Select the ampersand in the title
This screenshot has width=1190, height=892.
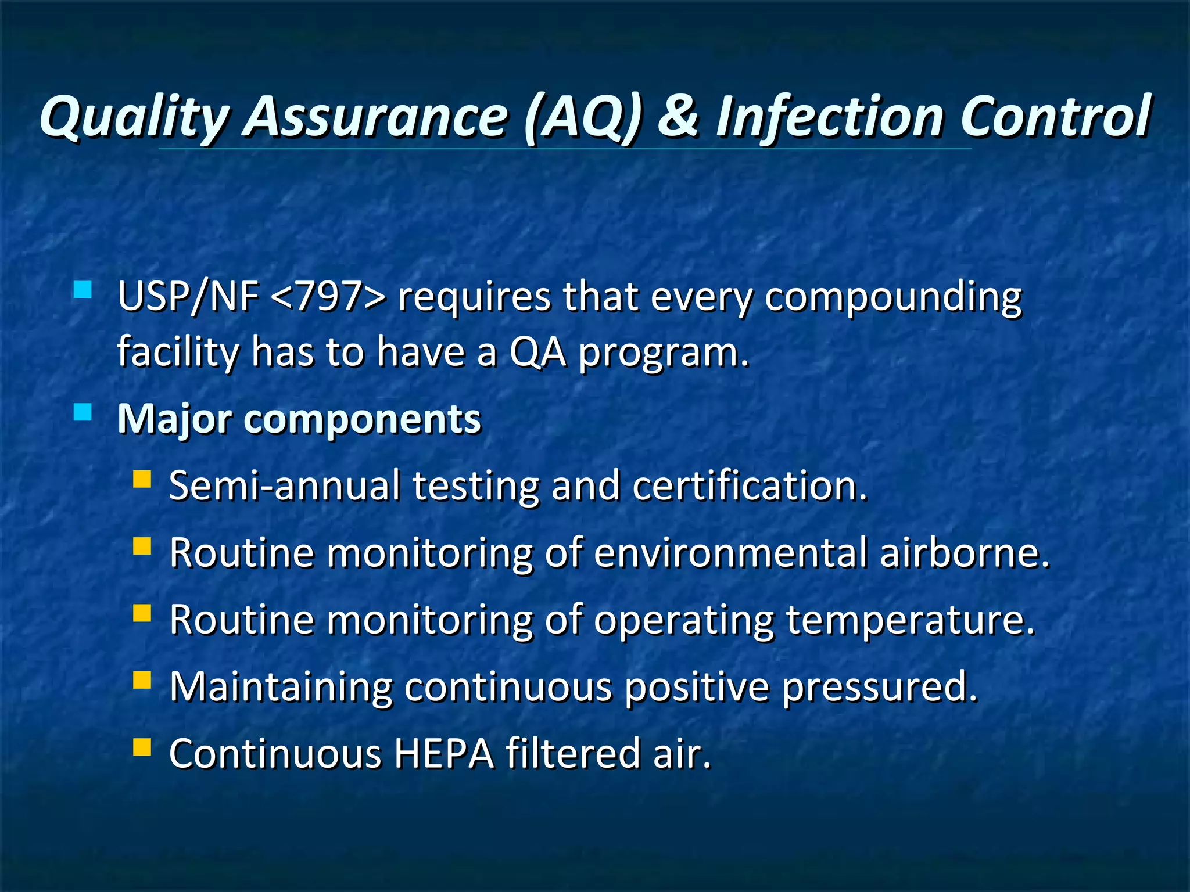point(679,116)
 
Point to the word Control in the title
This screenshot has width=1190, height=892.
point(1055,116)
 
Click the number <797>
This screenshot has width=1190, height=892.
point(328,297)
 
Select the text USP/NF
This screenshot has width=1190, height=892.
point(188,297)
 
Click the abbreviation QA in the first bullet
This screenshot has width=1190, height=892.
point(537,353)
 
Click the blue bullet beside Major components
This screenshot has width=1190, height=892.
point(83,412)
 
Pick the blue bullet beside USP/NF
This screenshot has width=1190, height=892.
point(83,289)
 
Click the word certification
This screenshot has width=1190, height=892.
point(750,485)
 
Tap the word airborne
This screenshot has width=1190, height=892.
point(965,552)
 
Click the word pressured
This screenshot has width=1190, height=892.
point(879,688)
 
